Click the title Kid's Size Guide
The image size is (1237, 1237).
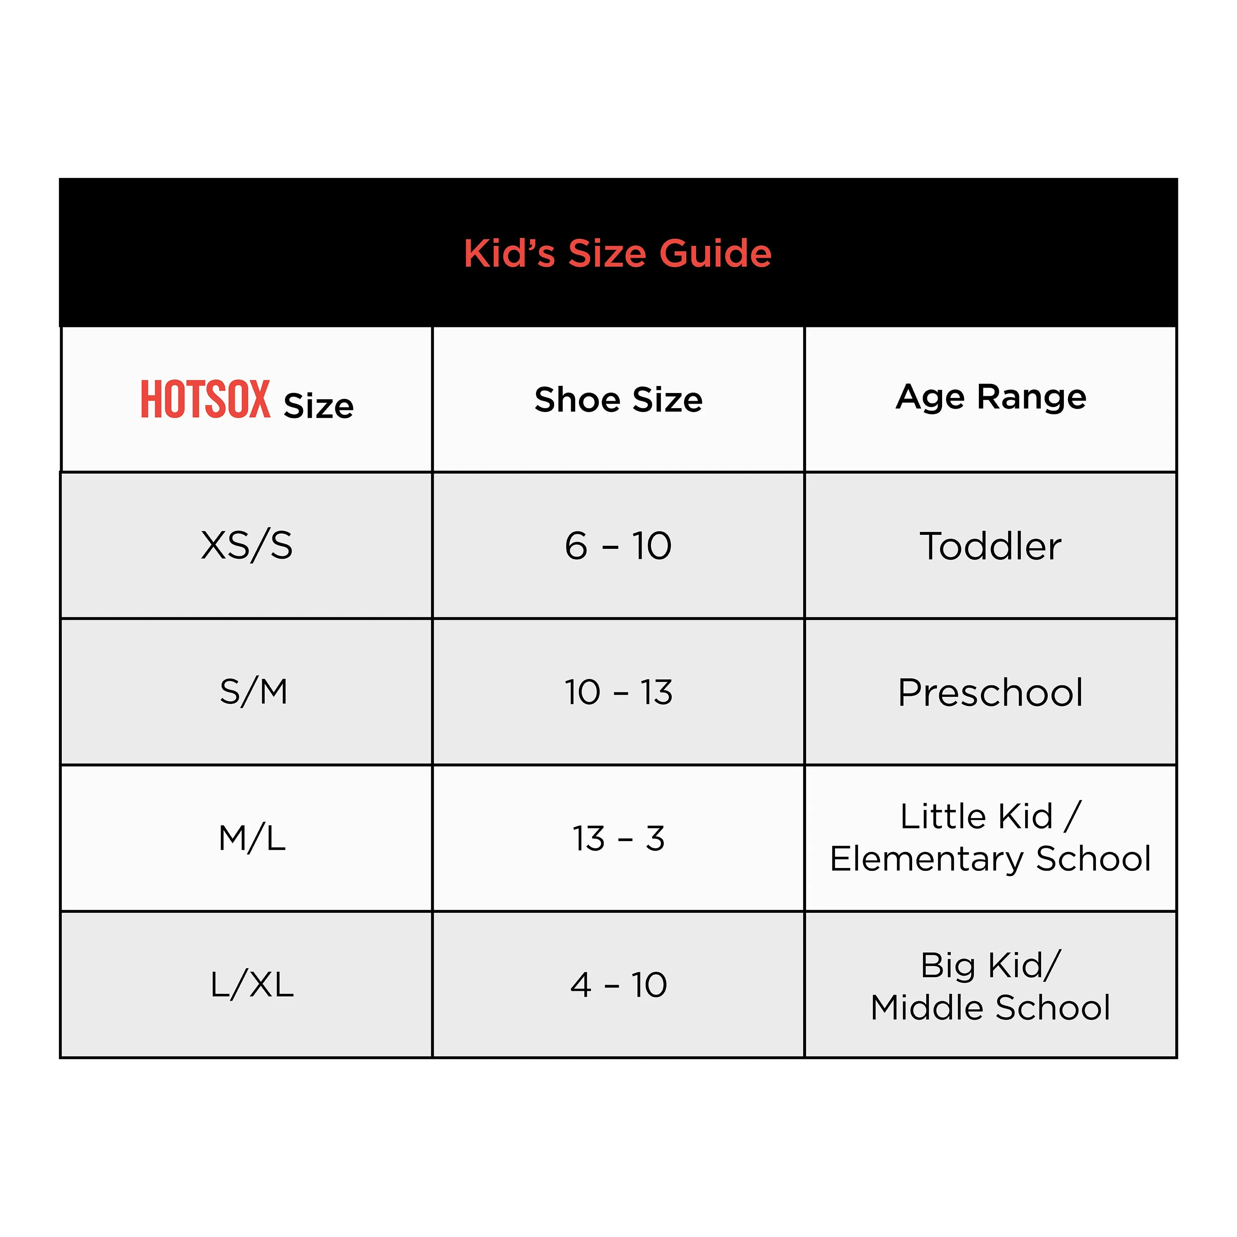[617, 254]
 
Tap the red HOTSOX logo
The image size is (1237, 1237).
[205, 400]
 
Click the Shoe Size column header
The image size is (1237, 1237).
[618, 400]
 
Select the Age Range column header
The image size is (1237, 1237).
[990, 397]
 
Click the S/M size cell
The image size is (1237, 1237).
[254, 692]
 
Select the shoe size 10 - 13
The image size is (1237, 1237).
[618, 692]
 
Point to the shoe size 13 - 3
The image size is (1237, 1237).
[618, 838]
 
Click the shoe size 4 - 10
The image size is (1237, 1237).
[618, 984]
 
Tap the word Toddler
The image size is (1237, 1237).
[990, 546]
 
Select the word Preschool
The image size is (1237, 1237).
[990, 692]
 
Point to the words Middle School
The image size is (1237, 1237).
[990, 1007]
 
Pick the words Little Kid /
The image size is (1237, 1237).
[990, 816]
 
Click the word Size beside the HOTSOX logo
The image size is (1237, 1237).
[318, 406]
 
